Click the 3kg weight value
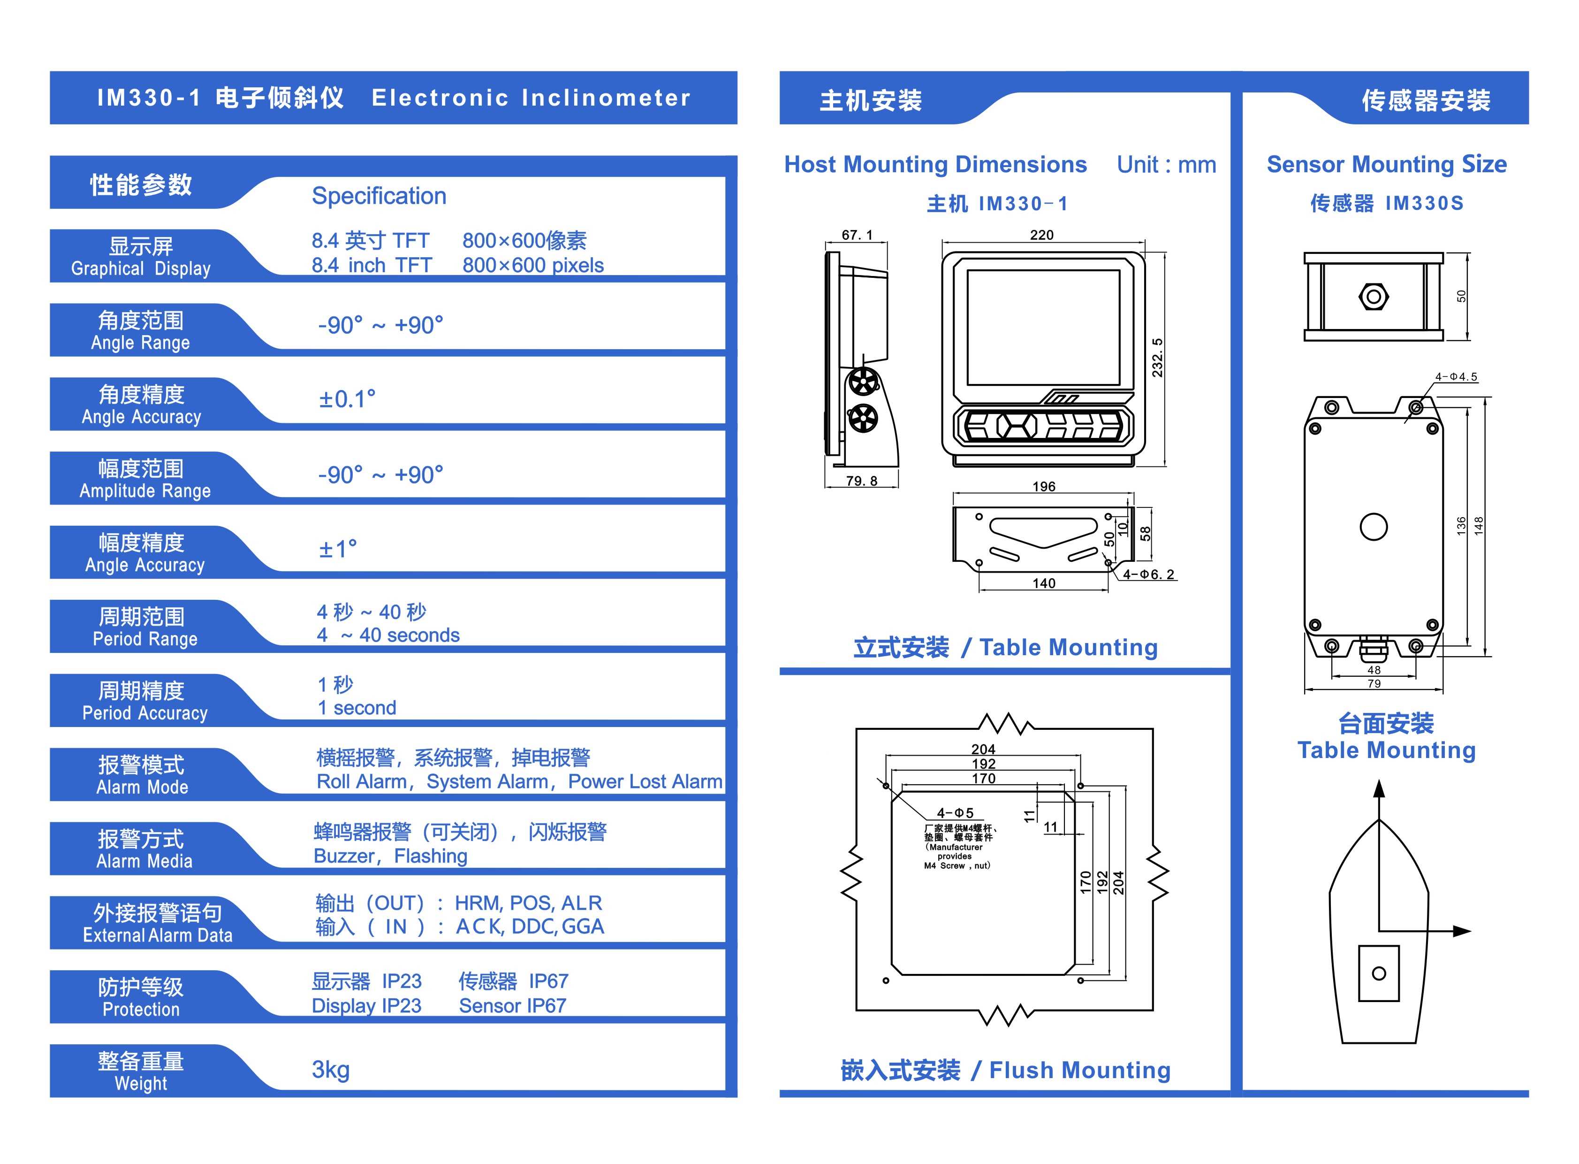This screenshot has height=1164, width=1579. pos(330,1070)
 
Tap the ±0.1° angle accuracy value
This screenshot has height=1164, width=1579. pos(347,399)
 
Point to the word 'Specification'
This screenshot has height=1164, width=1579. pos(379,196)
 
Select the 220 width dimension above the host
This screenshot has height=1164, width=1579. pos(1041,235)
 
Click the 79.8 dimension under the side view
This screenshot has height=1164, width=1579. pos(861,481)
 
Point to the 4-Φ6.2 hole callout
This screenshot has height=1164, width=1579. pos(1148,574)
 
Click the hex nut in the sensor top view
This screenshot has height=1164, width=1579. pos(1373,297)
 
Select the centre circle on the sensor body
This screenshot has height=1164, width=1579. pos(1373,526)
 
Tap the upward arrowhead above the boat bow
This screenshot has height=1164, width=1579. pos(1379,789)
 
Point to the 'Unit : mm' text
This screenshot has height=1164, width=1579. pos(1166,165)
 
